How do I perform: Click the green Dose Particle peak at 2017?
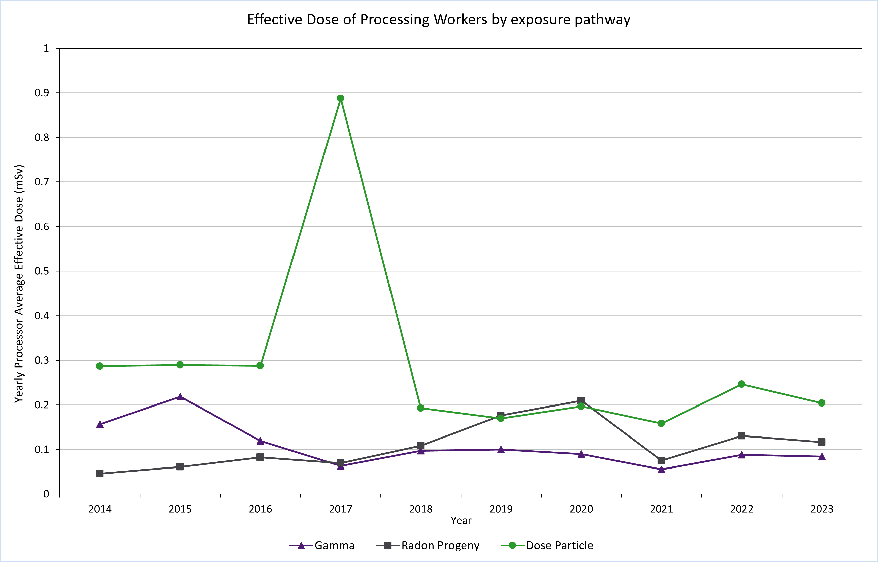(340, 98)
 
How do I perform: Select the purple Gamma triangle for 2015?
(180, 397)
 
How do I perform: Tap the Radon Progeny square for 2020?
(581, 400)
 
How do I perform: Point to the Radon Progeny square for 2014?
(100, 473)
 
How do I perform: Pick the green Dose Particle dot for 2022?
(741, 384)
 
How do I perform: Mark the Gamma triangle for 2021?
(661, 469)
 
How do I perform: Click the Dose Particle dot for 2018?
(420, 408)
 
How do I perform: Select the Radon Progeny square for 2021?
(661, 460)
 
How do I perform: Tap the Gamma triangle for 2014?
(100, 424)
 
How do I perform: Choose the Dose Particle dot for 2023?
(822, 403)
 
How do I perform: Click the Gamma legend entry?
(322, 546)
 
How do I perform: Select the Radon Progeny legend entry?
(428, 546)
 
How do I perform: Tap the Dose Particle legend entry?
(547, 546)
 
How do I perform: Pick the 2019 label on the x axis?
(501, 509)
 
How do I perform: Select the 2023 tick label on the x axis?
(822, 509)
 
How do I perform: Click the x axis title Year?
(461, 520)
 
